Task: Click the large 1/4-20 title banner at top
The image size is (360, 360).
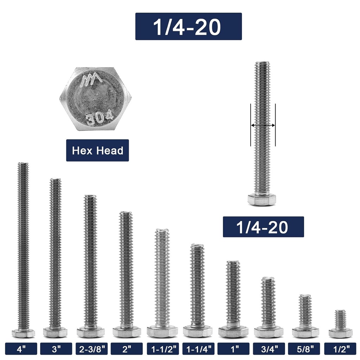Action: tap(188, 26)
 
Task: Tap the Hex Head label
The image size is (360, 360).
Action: tap(97, 150)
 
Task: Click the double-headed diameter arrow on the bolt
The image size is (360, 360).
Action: tap(263, 125)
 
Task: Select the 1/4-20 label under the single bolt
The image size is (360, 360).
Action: tap(263, 227)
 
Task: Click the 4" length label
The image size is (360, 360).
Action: tap(21, 349)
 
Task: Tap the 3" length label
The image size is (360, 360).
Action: tap(56, 349)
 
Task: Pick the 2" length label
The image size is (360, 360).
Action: tap(127, 349)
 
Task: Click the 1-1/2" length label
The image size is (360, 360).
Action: tap(162, 349)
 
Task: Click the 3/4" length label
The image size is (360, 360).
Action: tap(269, 349)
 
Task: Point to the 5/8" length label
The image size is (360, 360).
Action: tap(304, 349)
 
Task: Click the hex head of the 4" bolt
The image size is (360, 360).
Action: tap(23, 333)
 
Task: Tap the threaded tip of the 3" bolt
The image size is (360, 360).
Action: tap(55, 181)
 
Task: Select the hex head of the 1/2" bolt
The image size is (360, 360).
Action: tap(340, 333)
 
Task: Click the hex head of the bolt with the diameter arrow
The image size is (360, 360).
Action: tap(262, 200)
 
